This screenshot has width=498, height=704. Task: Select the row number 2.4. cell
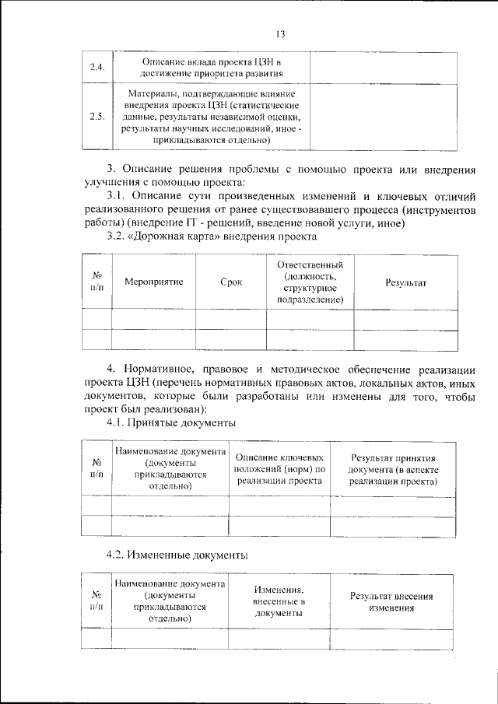[x=97, y=68]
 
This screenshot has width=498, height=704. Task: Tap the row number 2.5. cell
[x=97, y=117]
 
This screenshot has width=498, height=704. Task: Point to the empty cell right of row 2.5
[x=381, y=117]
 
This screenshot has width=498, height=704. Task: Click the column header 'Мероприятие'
[x=153, y=282]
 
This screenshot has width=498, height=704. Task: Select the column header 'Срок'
[x=231, y=282]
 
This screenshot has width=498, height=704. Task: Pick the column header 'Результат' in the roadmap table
[x=405, y=282]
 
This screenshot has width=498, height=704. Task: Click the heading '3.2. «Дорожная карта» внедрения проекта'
[x=212, y=236]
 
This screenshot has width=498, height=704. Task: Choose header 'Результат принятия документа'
[x=393, y=470]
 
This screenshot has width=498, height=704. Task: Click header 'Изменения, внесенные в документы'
[x=279, y=602]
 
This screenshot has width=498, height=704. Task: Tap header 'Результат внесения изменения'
[x=391, y=602]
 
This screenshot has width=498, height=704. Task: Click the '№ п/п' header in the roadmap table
[x=97, y=282]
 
